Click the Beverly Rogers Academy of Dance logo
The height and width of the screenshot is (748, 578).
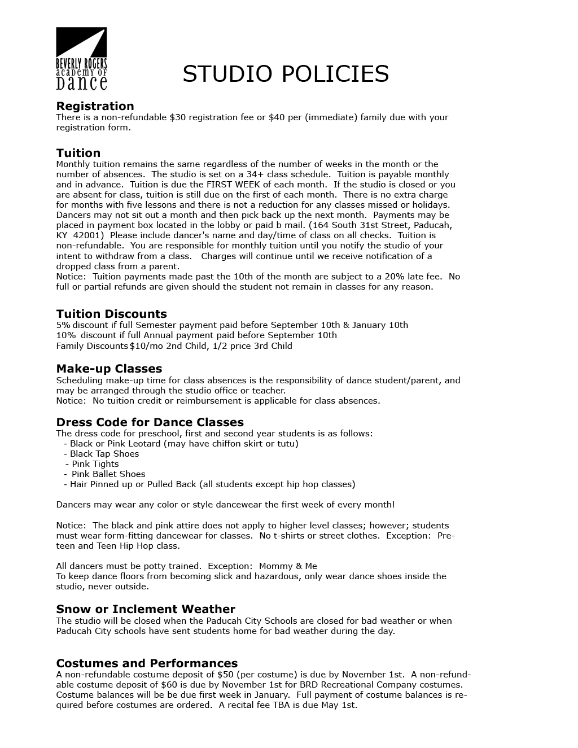point(81,59)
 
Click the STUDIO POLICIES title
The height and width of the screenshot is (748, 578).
point(286,74)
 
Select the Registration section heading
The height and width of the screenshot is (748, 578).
point(95,106)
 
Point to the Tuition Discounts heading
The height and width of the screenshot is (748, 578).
point(111,314)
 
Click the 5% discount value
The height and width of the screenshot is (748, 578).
point(63,325)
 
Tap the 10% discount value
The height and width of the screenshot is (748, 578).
point(65,335)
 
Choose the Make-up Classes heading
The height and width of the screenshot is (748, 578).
point(109,369)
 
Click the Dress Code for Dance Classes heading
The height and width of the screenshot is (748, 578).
point(150,422)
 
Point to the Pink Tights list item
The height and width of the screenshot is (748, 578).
point(95,464)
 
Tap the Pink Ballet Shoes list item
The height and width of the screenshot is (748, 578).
point(108,474)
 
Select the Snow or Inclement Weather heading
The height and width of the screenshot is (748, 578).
point(145,609)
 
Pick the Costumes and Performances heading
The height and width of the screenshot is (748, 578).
point(147,663)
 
